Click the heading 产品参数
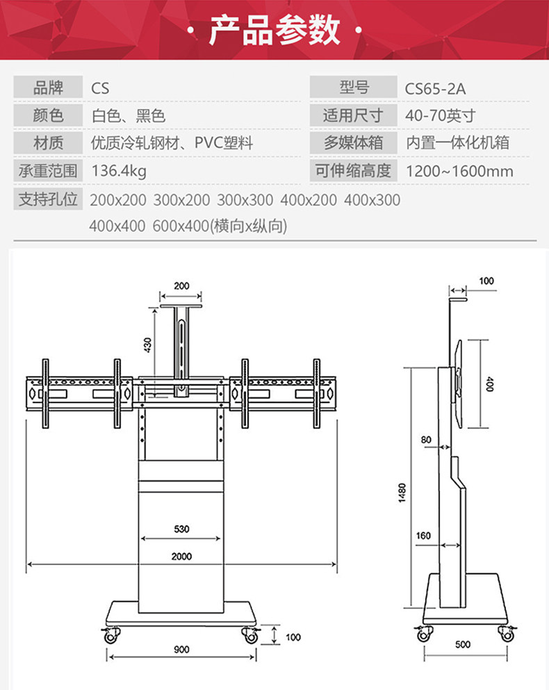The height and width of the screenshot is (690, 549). click(274, 30)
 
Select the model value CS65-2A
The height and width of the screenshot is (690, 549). click(435, 89)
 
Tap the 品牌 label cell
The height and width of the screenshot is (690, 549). click(48, 88)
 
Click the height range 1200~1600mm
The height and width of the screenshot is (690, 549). click(459, 171)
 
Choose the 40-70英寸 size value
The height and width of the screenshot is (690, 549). click(441, 116)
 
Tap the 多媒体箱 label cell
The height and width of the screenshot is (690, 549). click(354, 143)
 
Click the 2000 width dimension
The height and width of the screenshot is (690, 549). click(181, 557)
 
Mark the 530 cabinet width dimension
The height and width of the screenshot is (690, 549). click(181, 529)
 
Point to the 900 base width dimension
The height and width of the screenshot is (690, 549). click(181, 650)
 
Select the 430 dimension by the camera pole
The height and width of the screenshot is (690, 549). click(147, 345)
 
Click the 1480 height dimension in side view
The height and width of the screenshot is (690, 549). click(402, 493)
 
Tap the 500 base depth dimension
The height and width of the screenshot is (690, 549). click(463, 644)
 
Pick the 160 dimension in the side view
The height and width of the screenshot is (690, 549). click(424, 536)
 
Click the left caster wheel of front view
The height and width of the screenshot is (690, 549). click(110, 634)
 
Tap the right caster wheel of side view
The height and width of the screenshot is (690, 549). click(506, 633)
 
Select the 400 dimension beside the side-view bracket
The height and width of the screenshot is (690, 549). click(489, 384)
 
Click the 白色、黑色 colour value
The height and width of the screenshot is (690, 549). click(128, 116)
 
